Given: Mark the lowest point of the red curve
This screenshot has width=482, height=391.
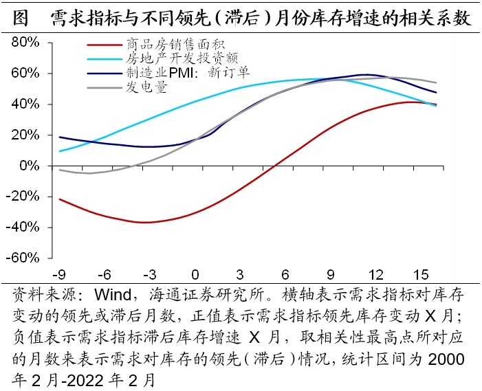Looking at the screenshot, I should pyautogui.click(x=144, y=223).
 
